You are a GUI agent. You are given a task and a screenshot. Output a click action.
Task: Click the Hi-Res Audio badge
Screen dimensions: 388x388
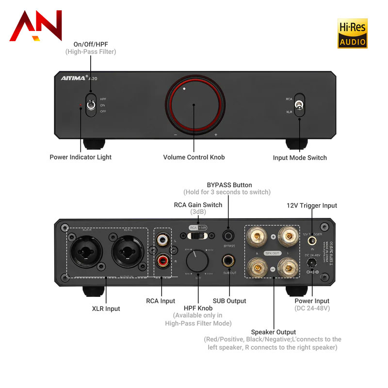click(352, 33)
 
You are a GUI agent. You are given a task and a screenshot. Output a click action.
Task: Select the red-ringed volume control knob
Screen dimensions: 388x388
click(194, 105)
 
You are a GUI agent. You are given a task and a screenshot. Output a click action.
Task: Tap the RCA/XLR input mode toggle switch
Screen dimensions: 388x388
click(299, 104)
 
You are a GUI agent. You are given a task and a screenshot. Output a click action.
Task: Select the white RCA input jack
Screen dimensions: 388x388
click(162, 241)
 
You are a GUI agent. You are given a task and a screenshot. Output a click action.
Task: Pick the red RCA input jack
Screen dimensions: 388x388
click(162, 261)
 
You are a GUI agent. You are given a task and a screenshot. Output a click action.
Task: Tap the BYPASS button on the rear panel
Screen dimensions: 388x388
click(229, 235)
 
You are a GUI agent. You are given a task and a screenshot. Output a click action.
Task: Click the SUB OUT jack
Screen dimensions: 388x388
click(229, 260)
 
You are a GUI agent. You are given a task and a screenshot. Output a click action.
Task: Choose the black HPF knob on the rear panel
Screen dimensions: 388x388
click(197, 260)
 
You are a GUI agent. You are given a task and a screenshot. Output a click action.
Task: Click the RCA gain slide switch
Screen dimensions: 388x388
click(198, 235)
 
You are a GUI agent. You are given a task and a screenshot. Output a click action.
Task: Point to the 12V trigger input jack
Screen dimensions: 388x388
click(313, 240)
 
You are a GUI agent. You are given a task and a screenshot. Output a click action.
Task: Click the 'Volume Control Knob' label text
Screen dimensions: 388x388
click(194, 157)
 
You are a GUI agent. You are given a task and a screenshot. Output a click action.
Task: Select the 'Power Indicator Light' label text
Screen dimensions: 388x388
click(81, 157)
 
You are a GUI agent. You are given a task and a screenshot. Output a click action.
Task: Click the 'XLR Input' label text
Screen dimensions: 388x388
click(106, 308)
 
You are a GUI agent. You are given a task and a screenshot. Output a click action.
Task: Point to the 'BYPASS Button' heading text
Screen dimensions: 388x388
click(229, 185)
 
